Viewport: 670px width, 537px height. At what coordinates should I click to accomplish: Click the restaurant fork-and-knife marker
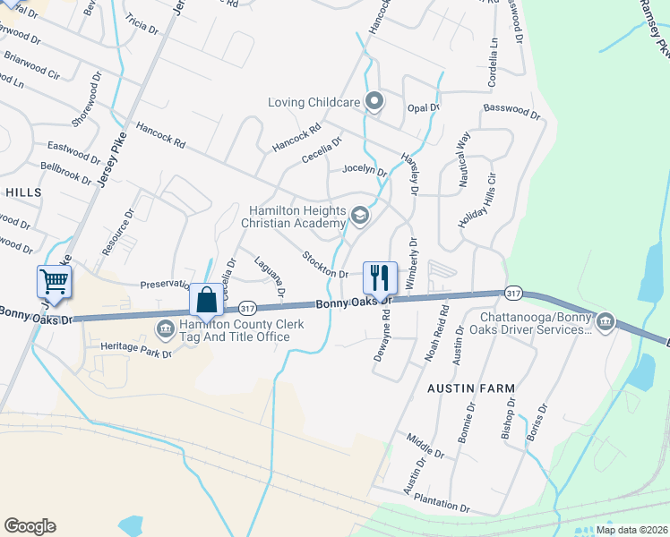(380, 277)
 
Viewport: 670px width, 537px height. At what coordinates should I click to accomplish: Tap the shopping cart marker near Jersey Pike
(54, 282)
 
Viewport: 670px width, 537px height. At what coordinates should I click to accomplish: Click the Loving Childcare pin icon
(375, 102)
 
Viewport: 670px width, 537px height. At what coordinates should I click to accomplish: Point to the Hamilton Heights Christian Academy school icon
(359, 215)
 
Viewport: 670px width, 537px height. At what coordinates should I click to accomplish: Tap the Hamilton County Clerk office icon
(166, 329)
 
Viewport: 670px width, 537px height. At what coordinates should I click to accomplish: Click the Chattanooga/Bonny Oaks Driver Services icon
(605, 321)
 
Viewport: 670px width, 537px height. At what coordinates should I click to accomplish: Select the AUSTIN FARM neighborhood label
(470, 388)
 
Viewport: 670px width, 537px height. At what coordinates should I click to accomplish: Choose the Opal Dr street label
(423, 107)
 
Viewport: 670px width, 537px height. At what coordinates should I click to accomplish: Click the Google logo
(30, 526)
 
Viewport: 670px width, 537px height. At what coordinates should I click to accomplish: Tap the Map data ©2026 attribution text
(631, 530)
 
